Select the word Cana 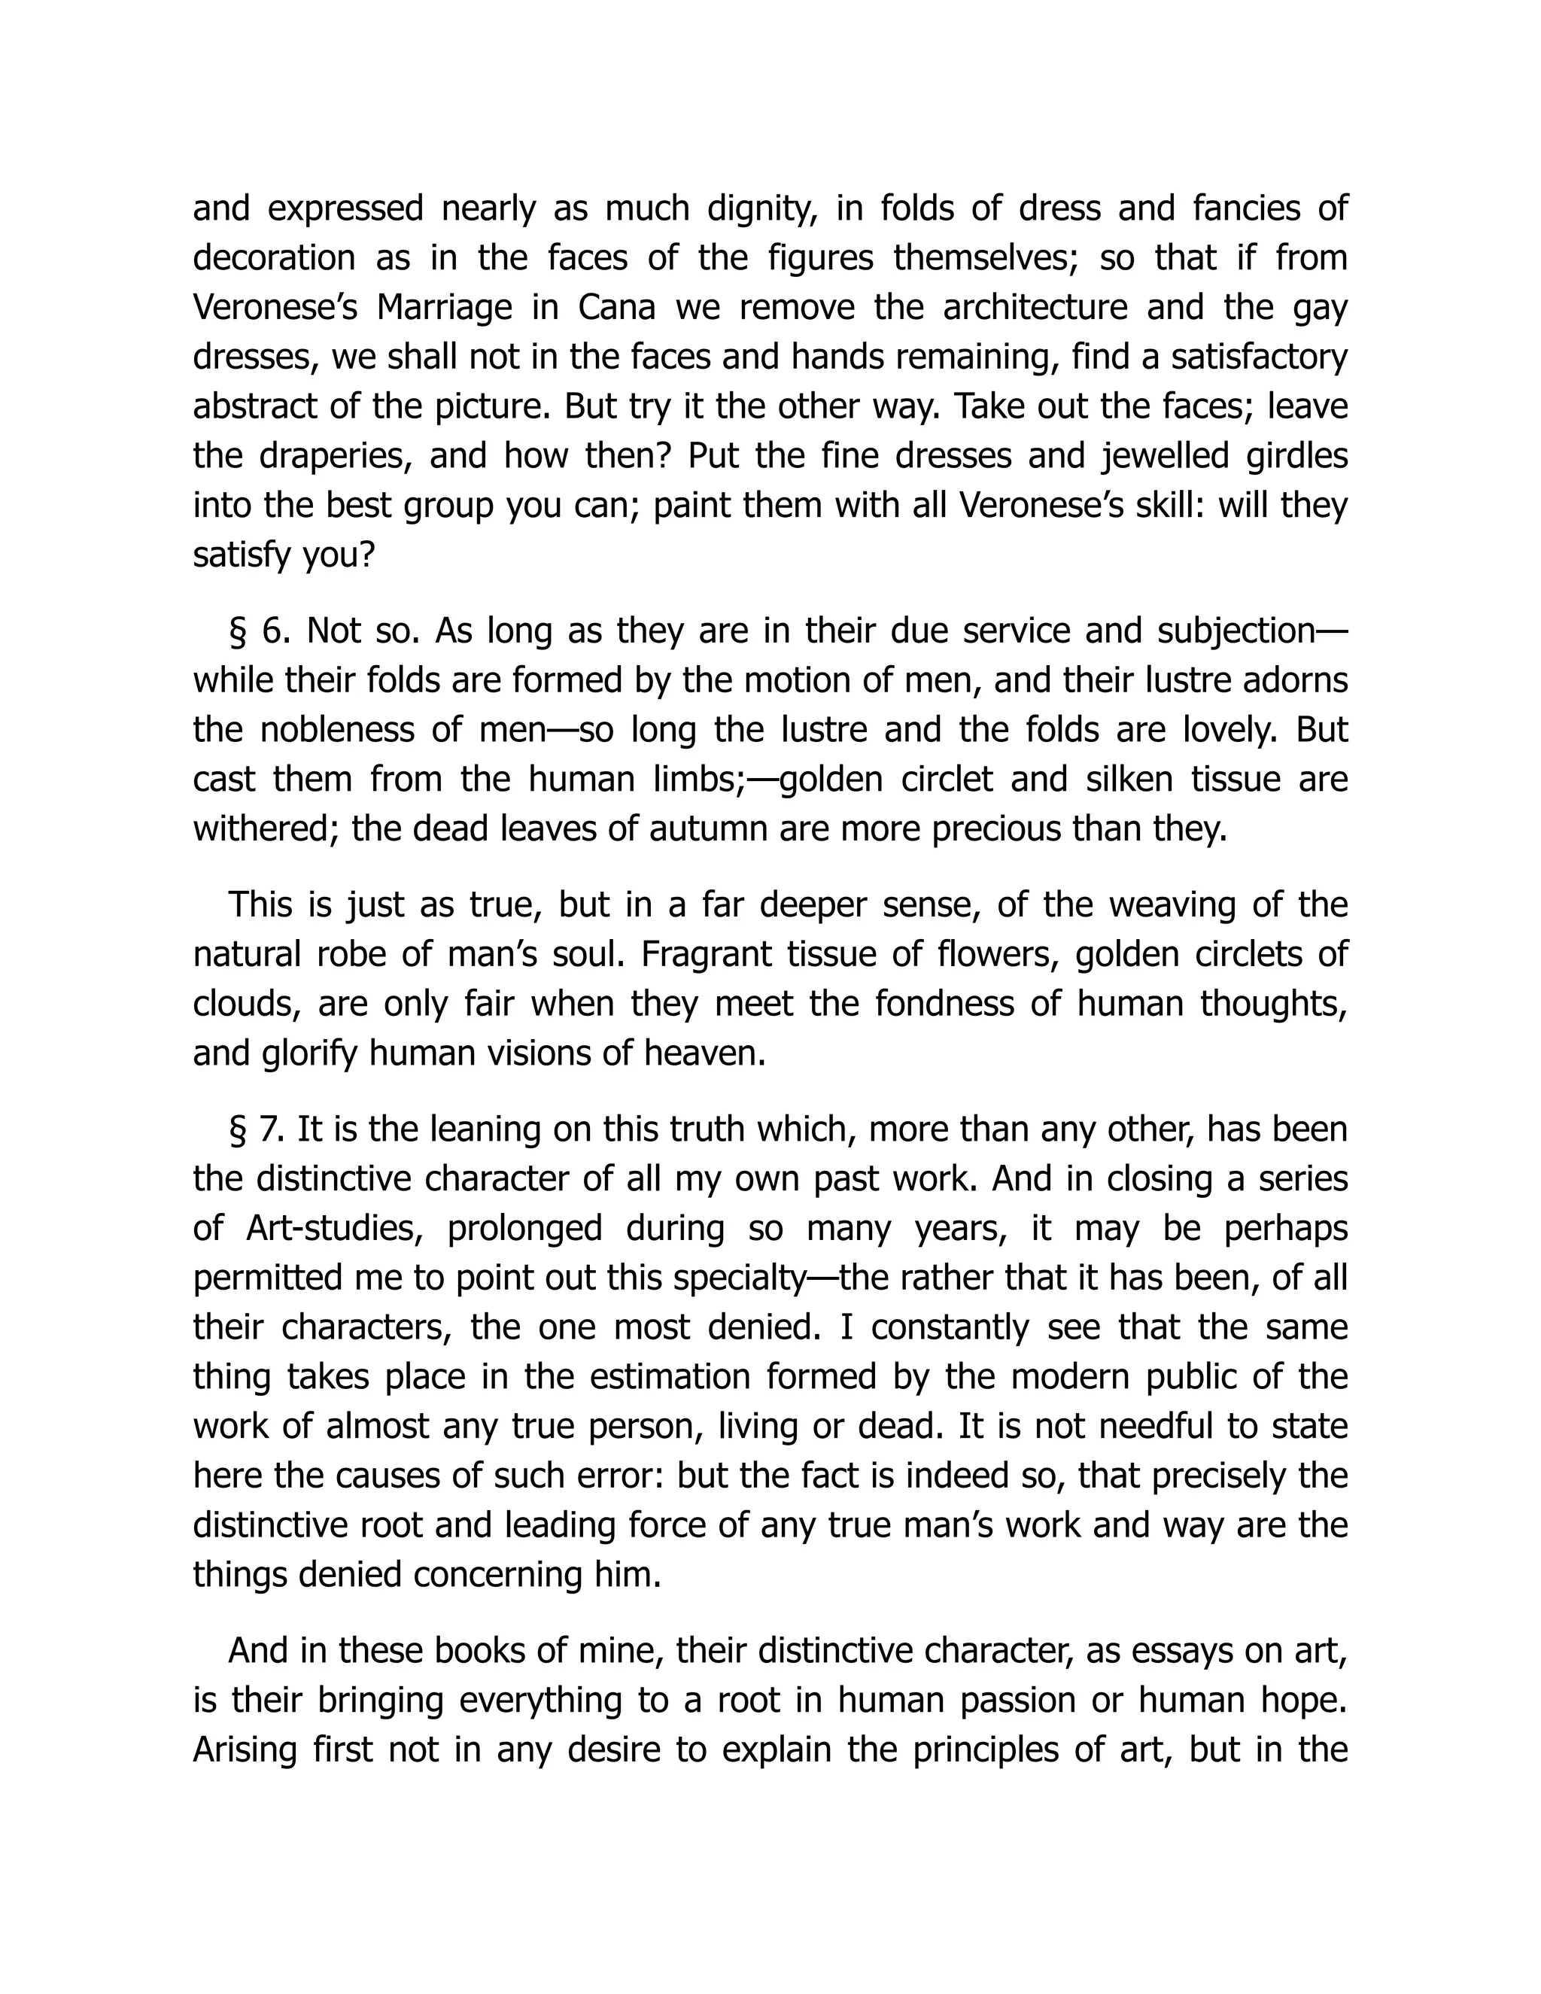[616, 308]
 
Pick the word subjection [1234, 631]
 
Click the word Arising [245, 1750]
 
